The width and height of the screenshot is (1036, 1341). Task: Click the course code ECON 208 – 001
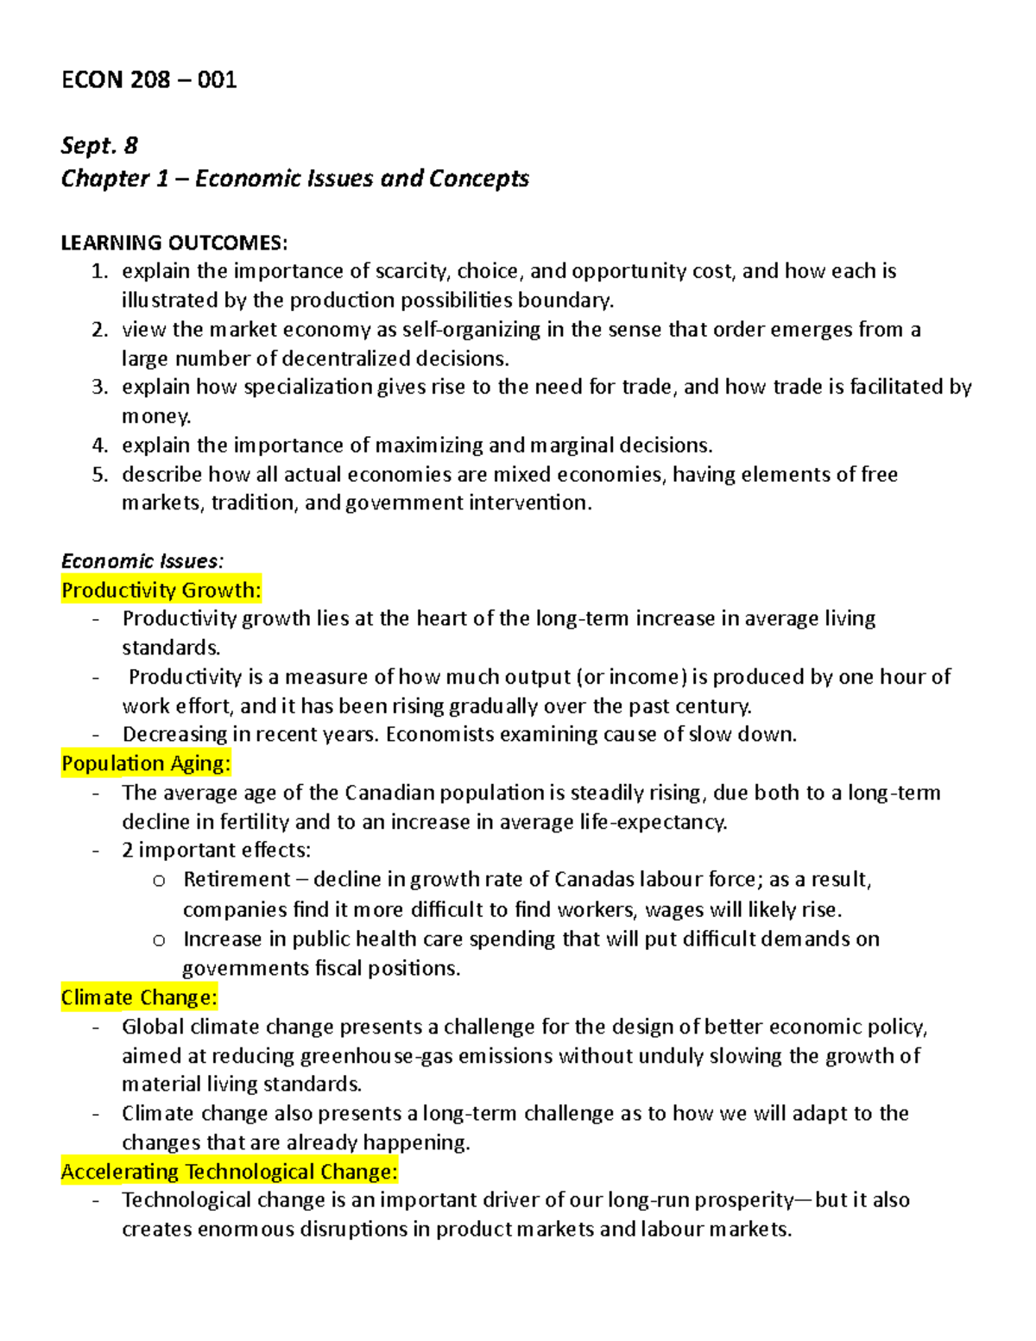[x=148, y=80]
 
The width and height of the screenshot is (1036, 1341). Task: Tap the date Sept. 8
[x=99, y=145]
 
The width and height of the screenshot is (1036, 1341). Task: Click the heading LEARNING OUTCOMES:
[x=174, y=243]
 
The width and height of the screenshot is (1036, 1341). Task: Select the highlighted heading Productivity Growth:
[x=161, y=591]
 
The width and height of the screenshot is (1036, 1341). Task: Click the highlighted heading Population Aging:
[x=146, y=763]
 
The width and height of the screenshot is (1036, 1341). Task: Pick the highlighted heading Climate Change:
[x=139, y=997]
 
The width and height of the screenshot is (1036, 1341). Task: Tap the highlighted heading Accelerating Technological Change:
[x=229, y=1172]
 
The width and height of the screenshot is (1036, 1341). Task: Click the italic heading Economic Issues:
[x=142, y=561]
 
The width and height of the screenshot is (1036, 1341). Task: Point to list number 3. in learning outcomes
[x=100, y=387]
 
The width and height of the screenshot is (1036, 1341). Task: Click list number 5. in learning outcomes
[x=100, y=474]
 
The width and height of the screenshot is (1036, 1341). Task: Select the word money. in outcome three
[x=156, y=417]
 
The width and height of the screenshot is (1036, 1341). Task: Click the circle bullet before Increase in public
[x=159, y=940]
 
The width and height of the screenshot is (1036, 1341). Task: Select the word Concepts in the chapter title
[x=478, y=179]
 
